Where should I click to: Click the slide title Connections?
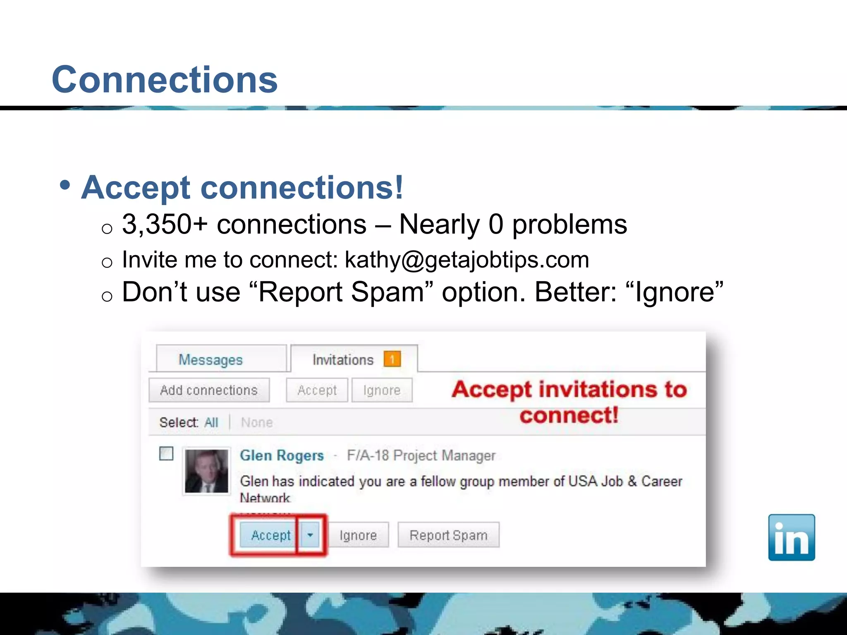tap(165, 79)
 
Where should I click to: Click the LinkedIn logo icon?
tap(791, 537)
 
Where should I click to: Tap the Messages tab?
tap(211, 360)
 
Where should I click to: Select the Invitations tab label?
tap(343, 360)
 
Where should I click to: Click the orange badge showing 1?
tap(392, 359)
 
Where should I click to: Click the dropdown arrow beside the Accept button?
tap(310, 535)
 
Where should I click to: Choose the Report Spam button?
tap(448, 535)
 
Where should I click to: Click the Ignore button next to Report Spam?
tap(358, 535)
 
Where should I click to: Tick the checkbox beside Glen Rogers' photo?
tap(166, 454)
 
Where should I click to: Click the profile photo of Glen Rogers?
tap(206, 471)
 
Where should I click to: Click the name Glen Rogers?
tap(282, 455)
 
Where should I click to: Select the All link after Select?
tap(211, 422)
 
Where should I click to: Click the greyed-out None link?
tap(257, 422)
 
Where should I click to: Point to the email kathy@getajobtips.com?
tap(467, 260)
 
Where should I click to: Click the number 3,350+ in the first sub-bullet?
tap(165, 224)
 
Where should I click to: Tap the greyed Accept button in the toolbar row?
tap(317, 390)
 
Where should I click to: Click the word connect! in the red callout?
tap(569, 415)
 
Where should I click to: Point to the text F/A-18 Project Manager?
tap(421, 455)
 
